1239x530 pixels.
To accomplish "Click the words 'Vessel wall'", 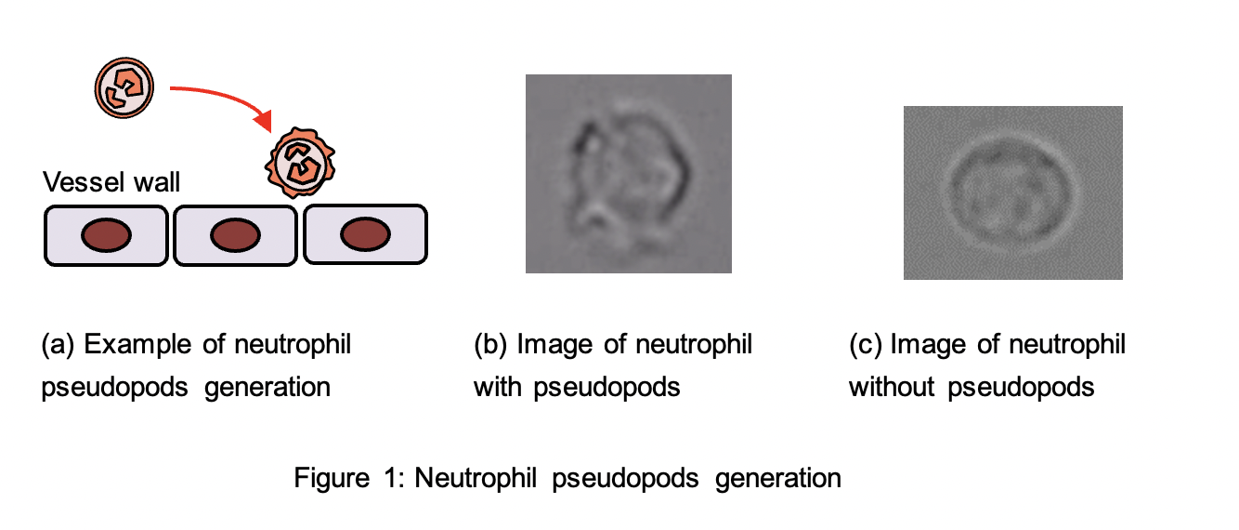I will (x=112, y=182).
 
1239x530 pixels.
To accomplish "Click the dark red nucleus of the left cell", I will (x=104, y=237).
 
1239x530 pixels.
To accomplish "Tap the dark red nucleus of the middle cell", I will (x=234, y=237).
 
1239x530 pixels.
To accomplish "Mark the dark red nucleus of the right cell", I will (x=364, y=237).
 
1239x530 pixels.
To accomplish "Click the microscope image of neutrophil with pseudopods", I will (x=628, y=174).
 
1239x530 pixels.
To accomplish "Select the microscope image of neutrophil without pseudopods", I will (x=1012, y=192).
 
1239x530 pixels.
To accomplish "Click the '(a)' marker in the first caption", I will (x=58, y=345).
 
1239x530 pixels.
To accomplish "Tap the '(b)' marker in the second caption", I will (x=489, y=345).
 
